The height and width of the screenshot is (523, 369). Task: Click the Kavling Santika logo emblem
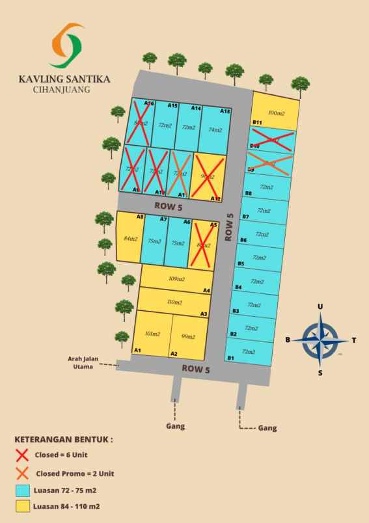coord(67,46)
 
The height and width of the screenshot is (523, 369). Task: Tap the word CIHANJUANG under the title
coord(61,90)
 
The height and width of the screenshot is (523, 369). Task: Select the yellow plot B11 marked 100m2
coord(276,112)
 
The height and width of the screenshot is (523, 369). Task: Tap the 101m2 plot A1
coord(152,334)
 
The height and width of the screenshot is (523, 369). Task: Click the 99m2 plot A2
coord(189,336)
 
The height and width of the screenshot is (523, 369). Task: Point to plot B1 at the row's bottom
coord(248,352)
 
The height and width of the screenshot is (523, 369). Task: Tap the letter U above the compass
coord(320,306)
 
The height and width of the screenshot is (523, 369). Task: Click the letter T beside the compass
coord(353,340)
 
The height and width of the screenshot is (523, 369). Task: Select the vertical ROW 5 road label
coord(229,228)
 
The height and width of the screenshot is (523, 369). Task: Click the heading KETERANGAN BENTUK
coord(63,439)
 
